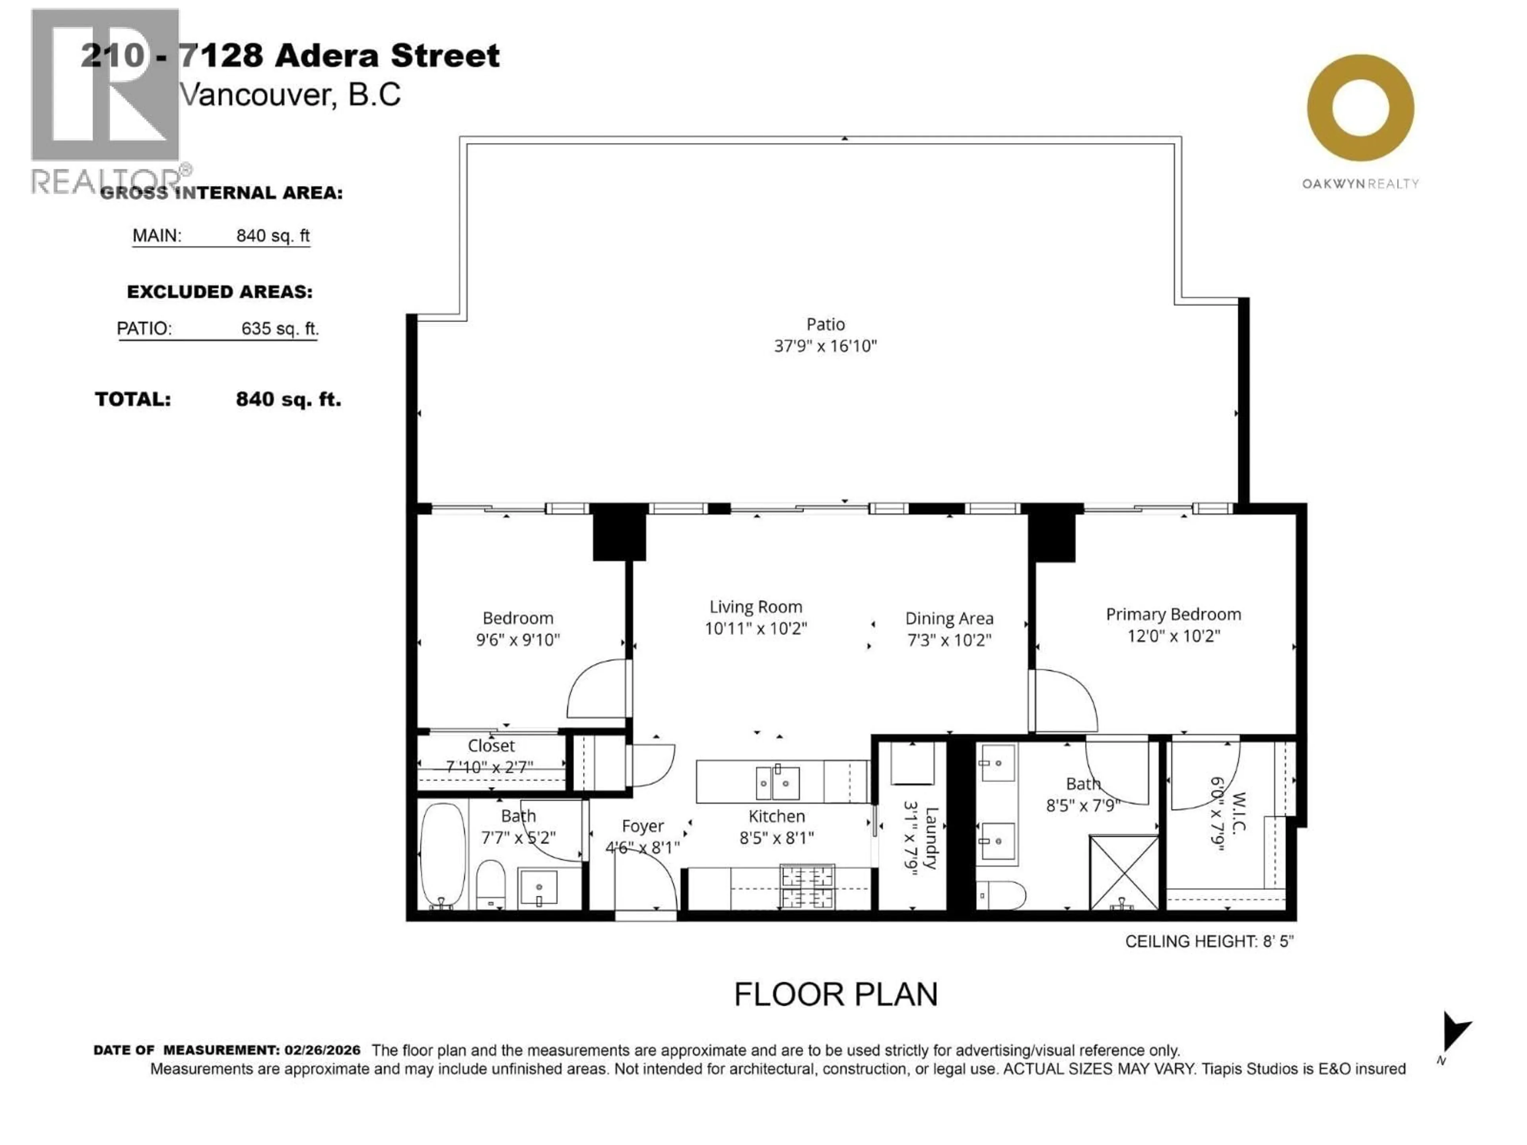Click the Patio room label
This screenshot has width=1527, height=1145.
825,324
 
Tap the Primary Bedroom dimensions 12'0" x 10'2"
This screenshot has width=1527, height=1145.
1173,636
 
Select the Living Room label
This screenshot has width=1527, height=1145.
756,607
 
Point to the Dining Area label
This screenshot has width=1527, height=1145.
949,618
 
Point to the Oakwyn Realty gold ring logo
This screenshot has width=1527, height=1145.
1360,109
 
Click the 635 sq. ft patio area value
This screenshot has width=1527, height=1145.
280,328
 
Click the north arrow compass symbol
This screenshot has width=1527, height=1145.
1455,1033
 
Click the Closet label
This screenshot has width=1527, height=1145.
491,745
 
